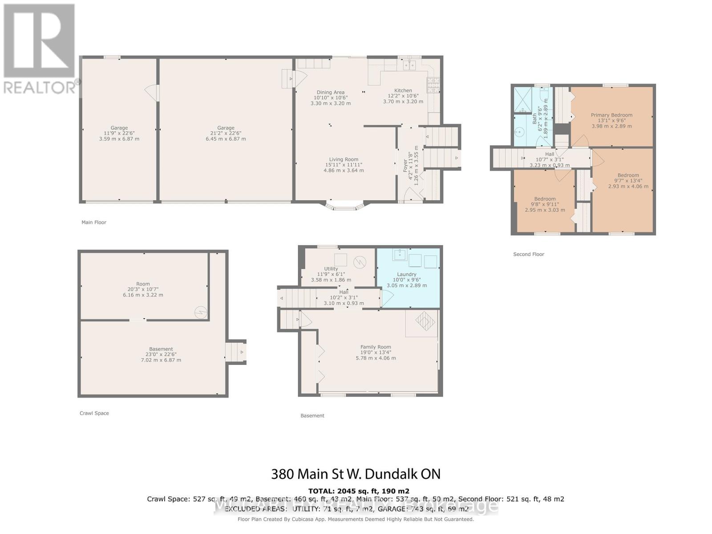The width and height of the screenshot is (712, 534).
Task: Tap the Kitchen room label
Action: click(403, 90)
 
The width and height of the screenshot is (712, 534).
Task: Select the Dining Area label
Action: click(330, 93)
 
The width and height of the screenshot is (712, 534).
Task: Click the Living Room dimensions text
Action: click(344, 168)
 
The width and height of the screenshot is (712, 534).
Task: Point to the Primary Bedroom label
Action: click(611, 115)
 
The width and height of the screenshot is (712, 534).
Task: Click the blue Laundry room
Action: click(407, 278)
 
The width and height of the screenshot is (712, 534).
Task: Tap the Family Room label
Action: click(376, 347)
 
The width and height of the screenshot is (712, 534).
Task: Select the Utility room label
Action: click(331, 269)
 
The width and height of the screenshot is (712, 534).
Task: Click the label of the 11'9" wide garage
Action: click(119, 128)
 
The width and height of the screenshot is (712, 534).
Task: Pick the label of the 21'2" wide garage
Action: click(226, 128)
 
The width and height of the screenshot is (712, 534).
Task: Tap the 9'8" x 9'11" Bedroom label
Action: click(545, 199)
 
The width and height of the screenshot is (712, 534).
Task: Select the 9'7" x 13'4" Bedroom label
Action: click(628, 175)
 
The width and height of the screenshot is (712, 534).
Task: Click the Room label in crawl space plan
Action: click(143, 284)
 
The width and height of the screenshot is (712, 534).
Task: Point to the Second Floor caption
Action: click(529, 254)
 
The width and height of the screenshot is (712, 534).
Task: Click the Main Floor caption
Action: click(94, 222)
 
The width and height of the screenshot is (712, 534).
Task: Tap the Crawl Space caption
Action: click(94, 413)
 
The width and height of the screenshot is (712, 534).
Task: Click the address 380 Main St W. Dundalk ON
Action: click(356, 474)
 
